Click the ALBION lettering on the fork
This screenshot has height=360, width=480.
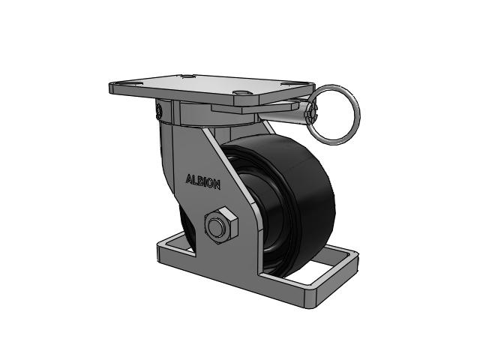pos(202,181)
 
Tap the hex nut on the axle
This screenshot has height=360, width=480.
pos(220,225)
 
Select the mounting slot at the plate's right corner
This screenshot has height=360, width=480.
pos(295,84)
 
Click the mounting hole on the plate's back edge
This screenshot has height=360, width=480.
pos(187,76)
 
